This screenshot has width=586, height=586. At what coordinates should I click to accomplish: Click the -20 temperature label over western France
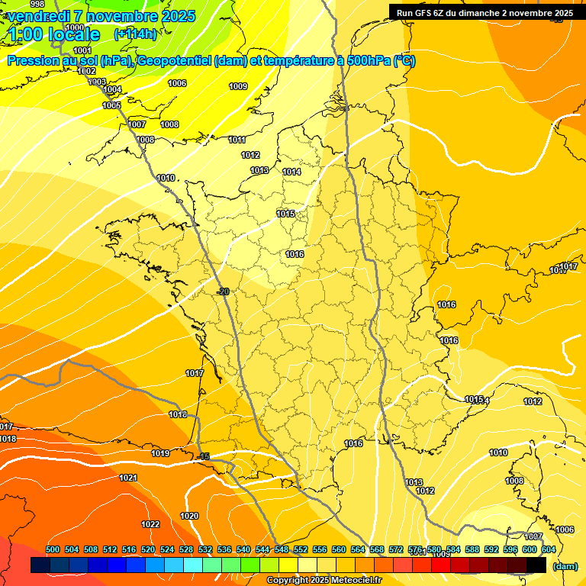[223, 291]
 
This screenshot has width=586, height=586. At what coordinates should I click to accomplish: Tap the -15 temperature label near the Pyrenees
[203, 456]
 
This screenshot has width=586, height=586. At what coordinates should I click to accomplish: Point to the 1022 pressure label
[150, 524]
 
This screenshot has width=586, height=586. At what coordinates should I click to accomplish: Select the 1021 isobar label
[128, 478]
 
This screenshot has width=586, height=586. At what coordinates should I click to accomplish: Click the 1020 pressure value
[189, 516]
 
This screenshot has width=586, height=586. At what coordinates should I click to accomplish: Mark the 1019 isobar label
[160, 453]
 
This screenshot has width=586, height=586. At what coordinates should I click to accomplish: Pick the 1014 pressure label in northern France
[291, 172]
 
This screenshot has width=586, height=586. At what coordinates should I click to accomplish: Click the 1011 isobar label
[237, 140]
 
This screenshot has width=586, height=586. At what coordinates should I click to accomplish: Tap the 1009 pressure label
[238, 86]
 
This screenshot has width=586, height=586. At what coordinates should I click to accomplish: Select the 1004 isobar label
[112, 90]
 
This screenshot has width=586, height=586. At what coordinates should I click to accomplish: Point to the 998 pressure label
[37, 5]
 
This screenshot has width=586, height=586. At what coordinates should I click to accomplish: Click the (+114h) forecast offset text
[135, 34]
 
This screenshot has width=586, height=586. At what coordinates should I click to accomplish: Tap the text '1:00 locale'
[54, 34]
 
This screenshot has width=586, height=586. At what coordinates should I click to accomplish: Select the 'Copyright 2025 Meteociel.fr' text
[324, 581]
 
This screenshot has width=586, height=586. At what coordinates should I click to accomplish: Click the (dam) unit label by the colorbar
[565, 565]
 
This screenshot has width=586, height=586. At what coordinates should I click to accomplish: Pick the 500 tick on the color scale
[53, 549]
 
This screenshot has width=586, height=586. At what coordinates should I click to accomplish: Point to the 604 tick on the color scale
[549, 549]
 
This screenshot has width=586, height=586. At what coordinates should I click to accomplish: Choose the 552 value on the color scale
[301, 549]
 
